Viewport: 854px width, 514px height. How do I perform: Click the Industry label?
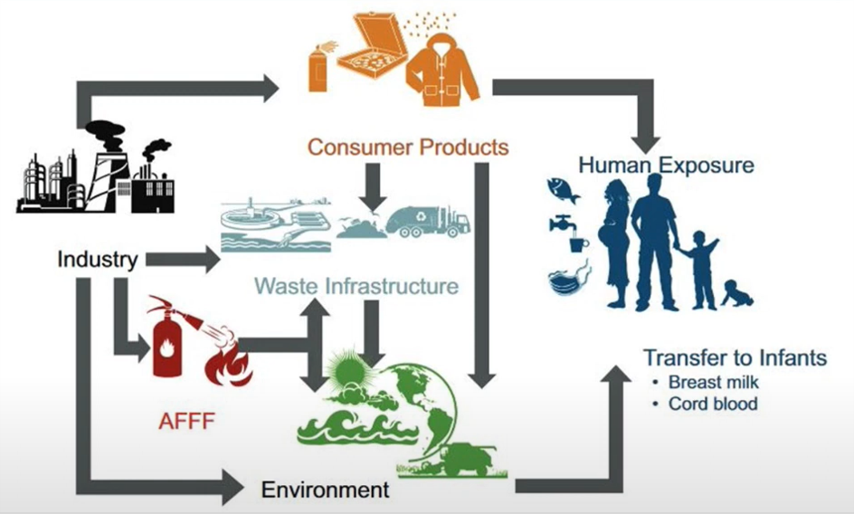point(97,260)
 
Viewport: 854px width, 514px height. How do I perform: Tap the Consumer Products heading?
point(408,147)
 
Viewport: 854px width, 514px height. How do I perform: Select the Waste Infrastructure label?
point(356,287)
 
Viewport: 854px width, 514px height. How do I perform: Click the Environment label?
point(325,490)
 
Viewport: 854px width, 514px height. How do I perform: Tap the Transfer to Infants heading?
point(735,357)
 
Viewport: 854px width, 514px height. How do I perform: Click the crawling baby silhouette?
point(737,294)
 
